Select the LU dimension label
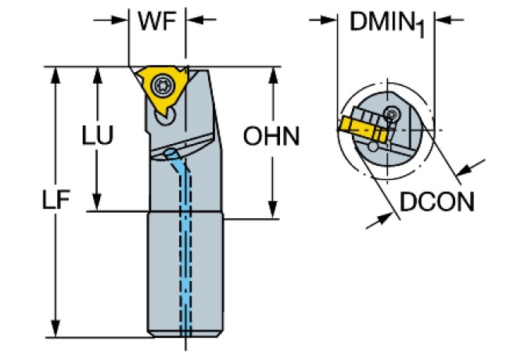(98, 136)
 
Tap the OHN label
(271, 136)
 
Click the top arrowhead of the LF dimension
(56, 74)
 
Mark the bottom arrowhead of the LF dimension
(56, 329)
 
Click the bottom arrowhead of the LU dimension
(97, 204)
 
